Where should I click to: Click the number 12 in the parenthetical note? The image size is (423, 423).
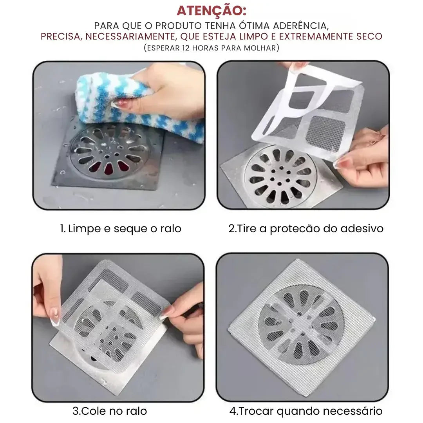(x=186, y=48)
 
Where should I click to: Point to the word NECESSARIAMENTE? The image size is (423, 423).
(x=130, y=36)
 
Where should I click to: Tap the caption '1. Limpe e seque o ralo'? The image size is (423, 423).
(x=121, y=229)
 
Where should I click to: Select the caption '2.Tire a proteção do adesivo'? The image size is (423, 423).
(x=306, y=229)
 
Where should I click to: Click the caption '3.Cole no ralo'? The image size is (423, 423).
(x=110, y=411)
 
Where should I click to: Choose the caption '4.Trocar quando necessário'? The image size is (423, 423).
(x=306, y=411)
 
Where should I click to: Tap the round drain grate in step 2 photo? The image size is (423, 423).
(x=278, y=176)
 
